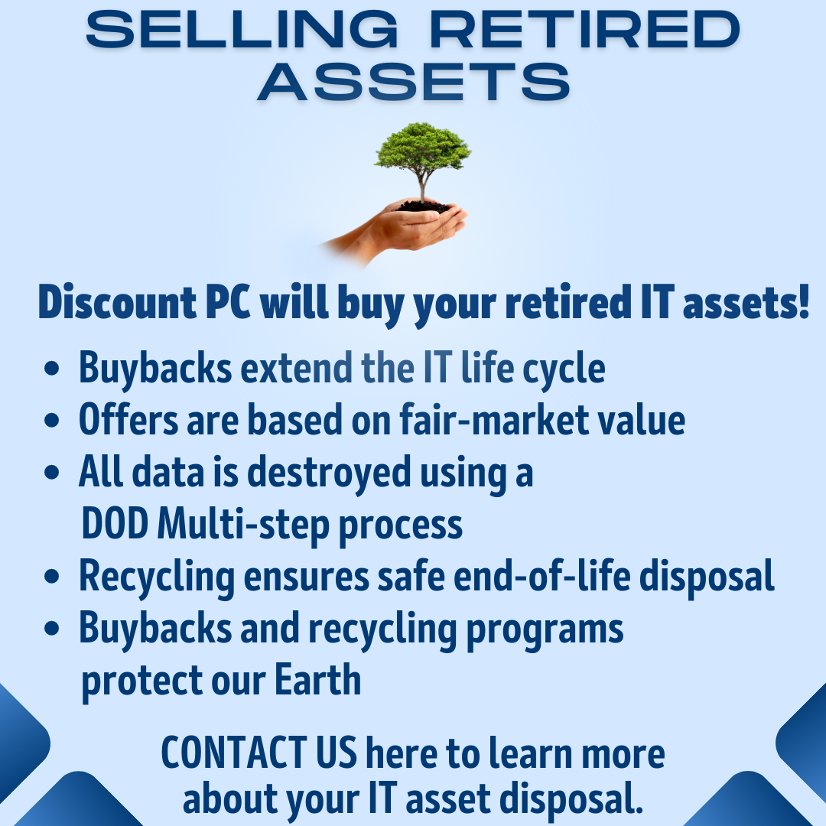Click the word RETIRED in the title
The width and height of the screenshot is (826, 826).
click(x=587, y=30)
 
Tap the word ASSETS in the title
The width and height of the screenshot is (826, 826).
click(x=414, y=82)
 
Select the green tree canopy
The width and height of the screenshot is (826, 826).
click(x=421, y=145)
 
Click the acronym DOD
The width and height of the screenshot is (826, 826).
click(x=115, y=525)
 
